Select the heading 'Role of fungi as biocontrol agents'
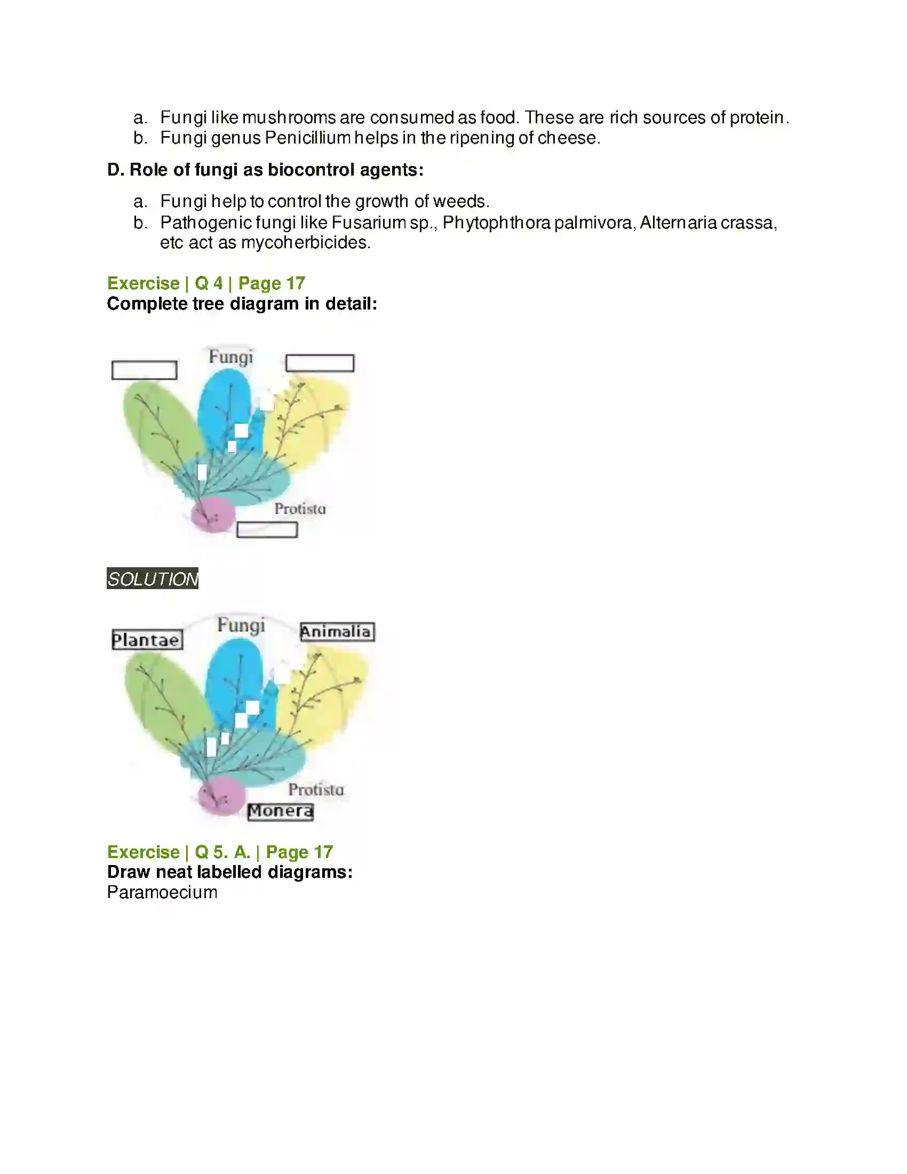[266, 170]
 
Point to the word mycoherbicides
[305, 243]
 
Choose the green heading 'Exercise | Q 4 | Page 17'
[206, 283]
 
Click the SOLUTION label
[153, 579]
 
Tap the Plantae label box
[147, 640]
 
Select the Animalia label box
[337, 632]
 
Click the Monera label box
[281, 811]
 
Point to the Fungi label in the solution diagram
[241, 626]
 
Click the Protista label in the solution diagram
[316, 790]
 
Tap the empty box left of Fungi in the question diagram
[145, 370]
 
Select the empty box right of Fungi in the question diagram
[320, 363]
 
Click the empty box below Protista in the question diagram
[267, 530]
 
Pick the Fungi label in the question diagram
[231, 357]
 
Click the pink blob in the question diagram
[213, 514]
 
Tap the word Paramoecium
[162, 893]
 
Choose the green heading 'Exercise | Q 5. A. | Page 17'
[220, 852]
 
